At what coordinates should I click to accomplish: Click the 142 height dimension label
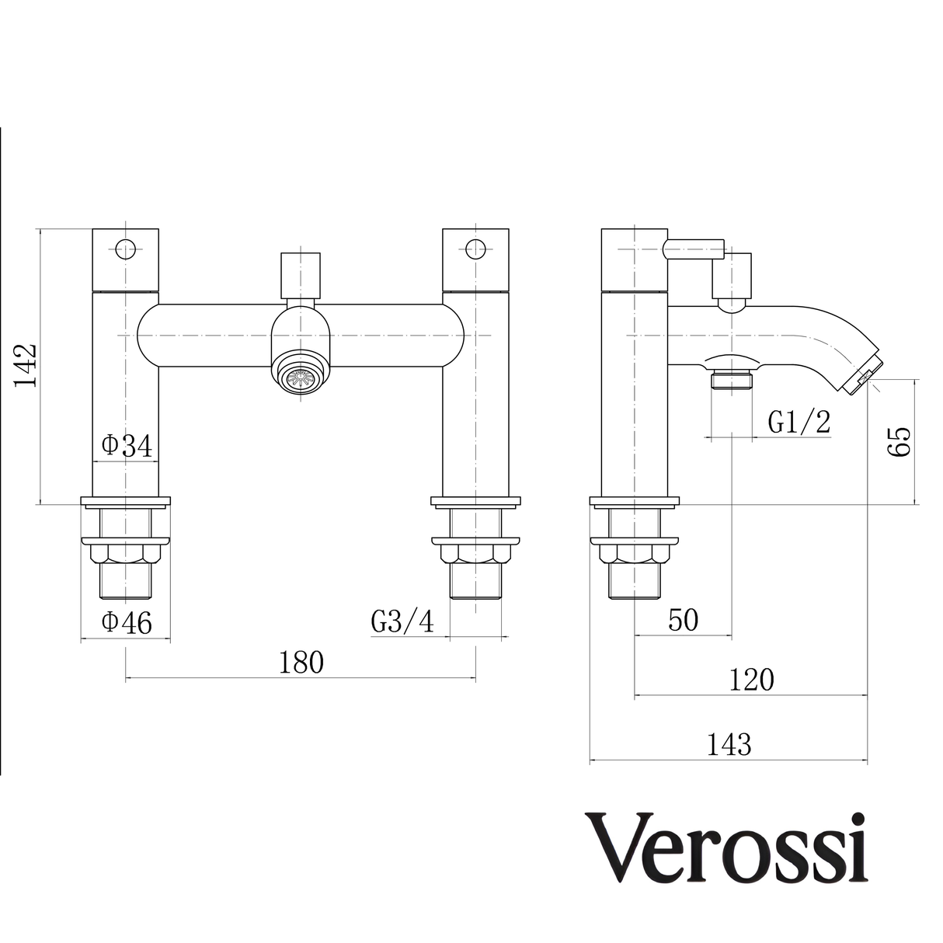coord(25,365)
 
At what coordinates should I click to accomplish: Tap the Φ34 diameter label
coord(126,446)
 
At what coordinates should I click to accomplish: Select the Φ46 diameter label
coord(126,623)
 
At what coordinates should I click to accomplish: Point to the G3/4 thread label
coord(402,621)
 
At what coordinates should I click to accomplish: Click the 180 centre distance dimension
coord(301,662)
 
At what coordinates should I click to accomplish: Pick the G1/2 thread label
coord(799,423)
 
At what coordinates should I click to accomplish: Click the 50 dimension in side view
coord(683,620)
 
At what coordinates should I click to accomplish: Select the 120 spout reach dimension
coord(751,680)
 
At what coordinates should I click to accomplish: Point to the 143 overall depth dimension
coord(729,745)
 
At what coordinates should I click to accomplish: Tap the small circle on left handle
coord(125,249)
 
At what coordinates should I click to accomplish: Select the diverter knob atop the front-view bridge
coord(301,275)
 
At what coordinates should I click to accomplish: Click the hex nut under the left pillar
coord(125,555)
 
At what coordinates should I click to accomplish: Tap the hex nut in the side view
coord(635,555)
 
